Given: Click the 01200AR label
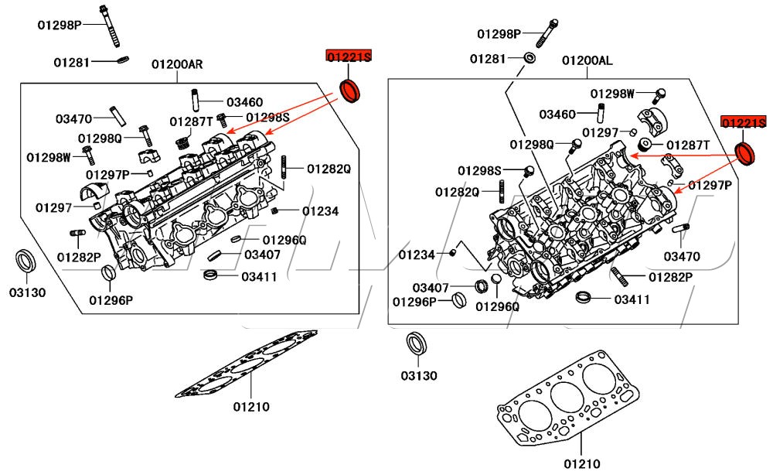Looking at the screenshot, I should pos(177,64).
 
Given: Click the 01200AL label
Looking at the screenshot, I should pos(587,60).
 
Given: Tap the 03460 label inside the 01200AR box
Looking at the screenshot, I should pos(244,102).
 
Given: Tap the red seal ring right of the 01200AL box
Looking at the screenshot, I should pos(745,153).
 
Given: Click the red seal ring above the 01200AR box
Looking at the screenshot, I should pos(352,90).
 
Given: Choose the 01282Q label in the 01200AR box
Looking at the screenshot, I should pos(329,169).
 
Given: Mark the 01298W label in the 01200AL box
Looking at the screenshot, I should pos(612,94).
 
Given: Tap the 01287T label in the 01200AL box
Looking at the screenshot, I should pos(688,145).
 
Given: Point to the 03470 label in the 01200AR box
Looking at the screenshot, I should pos(73,119).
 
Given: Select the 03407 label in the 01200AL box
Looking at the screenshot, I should pos(431,288).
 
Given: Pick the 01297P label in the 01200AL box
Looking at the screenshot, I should pos(710,186).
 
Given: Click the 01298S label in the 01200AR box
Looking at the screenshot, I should pos(267,117).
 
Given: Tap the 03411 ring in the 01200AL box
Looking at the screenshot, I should pos(584,298).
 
